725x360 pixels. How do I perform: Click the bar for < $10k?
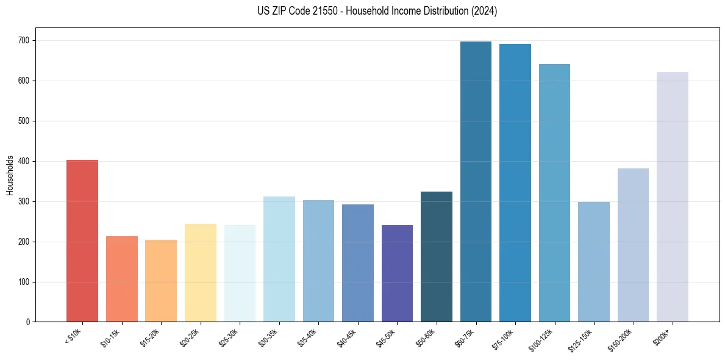pyautogui.click(x=82, y=241)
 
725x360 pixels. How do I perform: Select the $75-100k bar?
pyautogui.click(x=515, y=183)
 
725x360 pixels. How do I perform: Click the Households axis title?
pyautogui.click(x=10, y=175)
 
